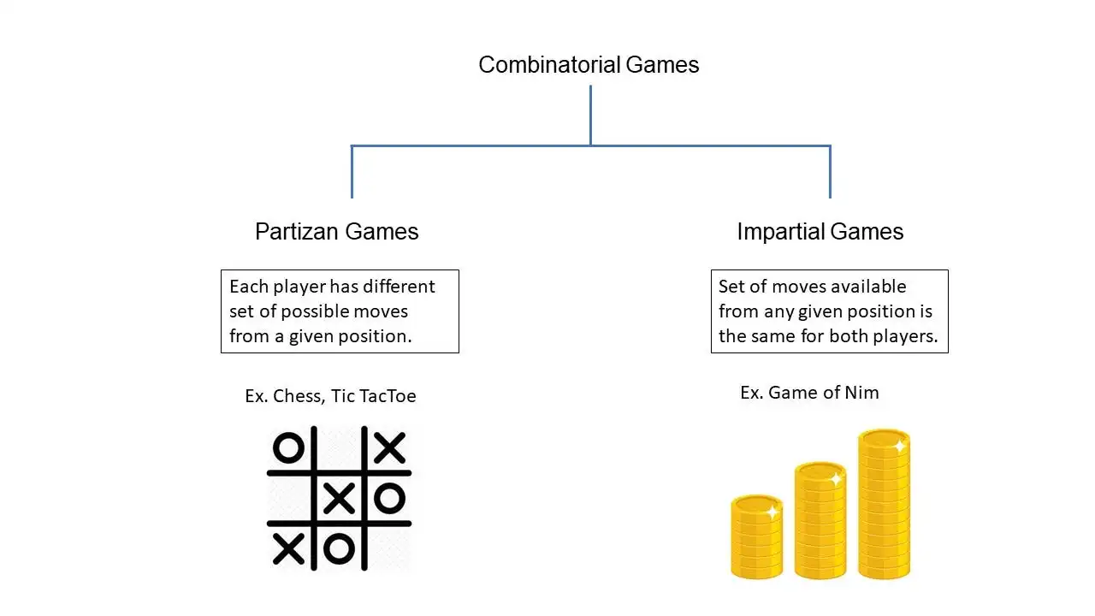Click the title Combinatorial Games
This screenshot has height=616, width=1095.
pos(589,65)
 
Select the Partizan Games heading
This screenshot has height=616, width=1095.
pos(336,232)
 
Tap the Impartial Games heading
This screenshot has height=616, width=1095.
pos(820,232)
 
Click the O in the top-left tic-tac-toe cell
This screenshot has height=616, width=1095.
pos(288,447)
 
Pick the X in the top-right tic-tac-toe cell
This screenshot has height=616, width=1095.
pos(389,447)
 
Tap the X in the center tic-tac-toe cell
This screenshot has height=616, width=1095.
pos(340,498)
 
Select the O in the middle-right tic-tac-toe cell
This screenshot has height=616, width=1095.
pos(389,498)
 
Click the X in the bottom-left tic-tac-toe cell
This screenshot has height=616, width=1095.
pos(288,548)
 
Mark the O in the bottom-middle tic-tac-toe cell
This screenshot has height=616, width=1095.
pos(340,548)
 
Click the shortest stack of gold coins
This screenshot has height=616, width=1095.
pos(756,537)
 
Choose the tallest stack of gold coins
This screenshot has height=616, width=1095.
pos(884,505)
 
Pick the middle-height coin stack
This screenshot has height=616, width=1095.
pos(820,522)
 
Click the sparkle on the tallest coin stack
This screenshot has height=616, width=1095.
pos(899,447)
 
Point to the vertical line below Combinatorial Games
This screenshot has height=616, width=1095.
pos(590,115)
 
